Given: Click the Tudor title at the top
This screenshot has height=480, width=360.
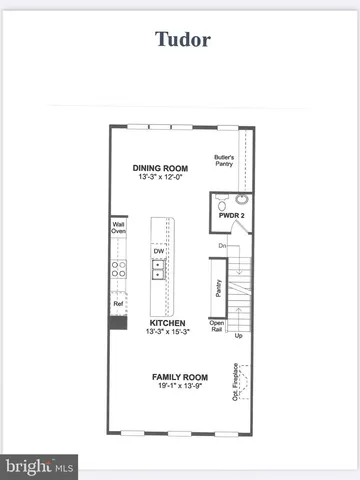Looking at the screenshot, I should click(182, 39).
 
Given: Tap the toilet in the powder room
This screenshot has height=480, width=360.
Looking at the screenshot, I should click(221, 199).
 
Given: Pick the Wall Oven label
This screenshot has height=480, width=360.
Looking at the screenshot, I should click(118, 228).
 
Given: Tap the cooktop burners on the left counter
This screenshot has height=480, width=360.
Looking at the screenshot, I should click(118, 268).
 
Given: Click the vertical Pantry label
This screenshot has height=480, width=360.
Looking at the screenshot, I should click(218, 289).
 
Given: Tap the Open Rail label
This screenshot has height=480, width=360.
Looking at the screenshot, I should click(217, 326).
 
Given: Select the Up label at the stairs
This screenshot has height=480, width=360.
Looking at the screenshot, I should click(238, 336).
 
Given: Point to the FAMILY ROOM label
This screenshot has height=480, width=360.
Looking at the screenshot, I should click(180, 377).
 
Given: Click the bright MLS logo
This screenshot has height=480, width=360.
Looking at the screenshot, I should click(39, 466).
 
